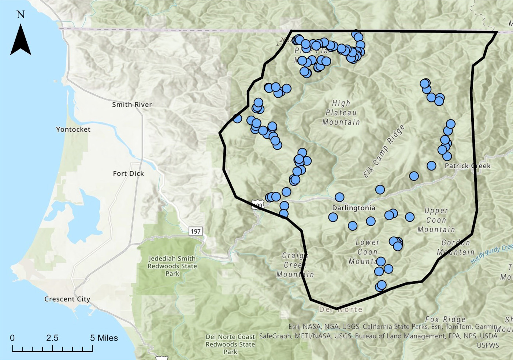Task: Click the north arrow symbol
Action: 21,40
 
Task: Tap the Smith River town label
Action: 132,105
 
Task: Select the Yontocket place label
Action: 73,130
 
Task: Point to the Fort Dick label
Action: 128,173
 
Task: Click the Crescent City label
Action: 67,299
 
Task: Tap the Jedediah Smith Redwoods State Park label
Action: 172,266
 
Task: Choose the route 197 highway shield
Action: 196,231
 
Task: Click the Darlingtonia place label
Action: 353,208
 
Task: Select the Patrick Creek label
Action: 468,166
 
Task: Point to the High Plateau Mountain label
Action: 341,113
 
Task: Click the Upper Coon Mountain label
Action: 436,220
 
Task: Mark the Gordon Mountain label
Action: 456,247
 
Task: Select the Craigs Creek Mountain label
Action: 295,265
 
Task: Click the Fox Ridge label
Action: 445,320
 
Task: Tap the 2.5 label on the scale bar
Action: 52,338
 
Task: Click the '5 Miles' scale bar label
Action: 104,338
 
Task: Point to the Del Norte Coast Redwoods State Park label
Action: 230,344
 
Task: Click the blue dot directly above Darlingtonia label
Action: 339,197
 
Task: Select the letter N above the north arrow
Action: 21,15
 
